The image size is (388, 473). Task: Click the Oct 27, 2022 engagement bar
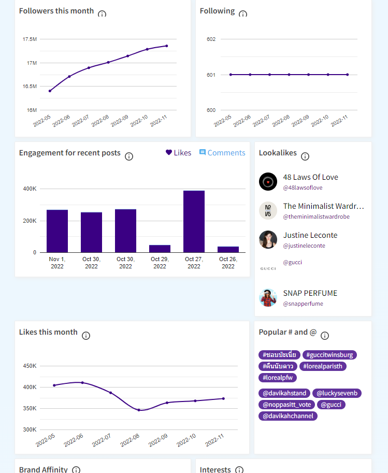pos(194,221)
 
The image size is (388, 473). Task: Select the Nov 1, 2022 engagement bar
pos(57,231)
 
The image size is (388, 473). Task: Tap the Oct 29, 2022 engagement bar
pos(160,249)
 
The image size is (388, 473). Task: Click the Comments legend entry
pos(222,153)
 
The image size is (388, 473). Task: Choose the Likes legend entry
pos(178,153)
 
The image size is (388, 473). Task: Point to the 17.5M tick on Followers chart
pos(30,39)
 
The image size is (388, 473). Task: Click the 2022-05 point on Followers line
pos(50,91)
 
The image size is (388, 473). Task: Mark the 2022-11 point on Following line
pos(347,75)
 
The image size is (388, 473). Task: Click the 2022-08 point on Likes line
pos(139,410)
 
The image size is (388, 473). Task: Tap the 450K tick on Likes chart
pos(30,366)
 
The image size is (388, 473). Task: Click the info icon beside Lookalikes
pos(305,156)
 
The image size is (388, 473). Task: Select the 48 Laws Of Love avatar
pos(268,182)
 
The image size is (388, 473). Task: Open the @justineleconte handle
pos(304,246)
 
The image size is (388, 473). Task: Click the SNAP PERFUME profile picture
pos(268,298)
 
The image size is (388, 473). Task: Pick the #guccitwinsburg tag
pos(329,355)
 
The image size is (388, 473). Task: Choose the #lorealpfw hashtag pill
pos(278,378)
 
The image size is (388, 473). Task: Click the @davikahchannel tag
pos(288,415)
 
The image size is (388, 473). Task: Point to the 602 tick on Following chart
pos(211,39)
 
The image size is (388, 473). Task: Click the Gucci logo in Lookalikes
pos(268,268)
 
